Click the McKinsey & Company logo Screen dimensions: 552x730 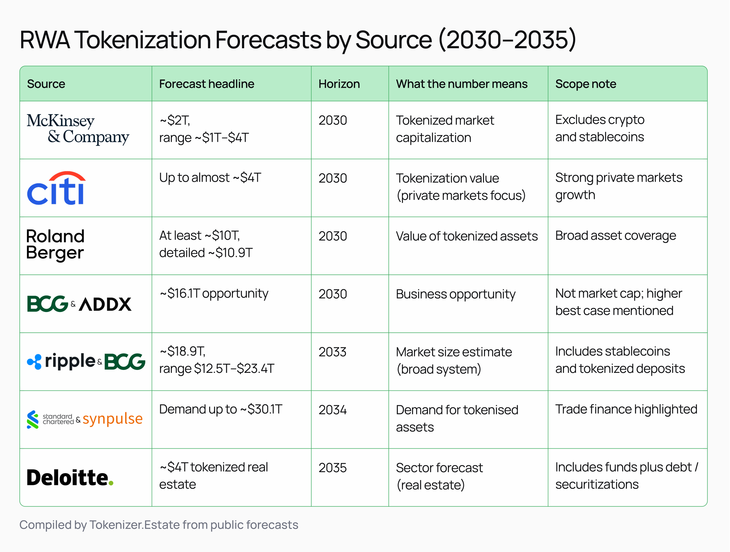[x=78, y=129]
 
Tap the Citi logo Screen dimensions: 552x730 [x=57, y=188]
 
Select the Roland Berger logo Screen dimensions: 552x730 [x=55, y=244]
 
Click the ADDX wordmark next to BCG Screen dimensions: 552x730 [x=105, y=304]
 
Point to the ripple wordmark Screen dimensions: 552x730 [x=70, y=361]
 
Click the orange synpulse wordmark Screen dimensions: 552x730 [x=112, y=419]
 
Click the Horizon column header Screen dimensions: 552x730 [x=339, y=84]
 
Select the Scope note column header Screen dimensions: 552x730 [x=585, y=84]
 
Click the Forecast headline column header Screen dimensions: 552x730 [x=207, y=84]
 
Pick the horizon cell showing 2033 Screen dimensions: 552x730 [x=333, y=352]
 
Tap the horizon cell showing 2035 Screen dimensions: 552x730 [x=333, y=468]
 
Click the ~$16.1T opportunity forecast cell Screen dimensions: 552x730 [x=214, y=294]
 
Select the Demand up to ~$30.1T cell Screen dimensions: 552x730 [x=220, y=409]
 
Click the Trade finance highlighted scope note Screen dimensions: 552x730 [x=626, y=409]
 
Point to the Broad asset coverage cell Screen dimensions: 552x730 [x=615, y=236]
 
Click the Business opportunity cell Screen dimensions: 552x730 [x=456, y=294]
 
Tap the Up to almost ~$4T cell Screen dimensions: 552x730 [x=210, y=178]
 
